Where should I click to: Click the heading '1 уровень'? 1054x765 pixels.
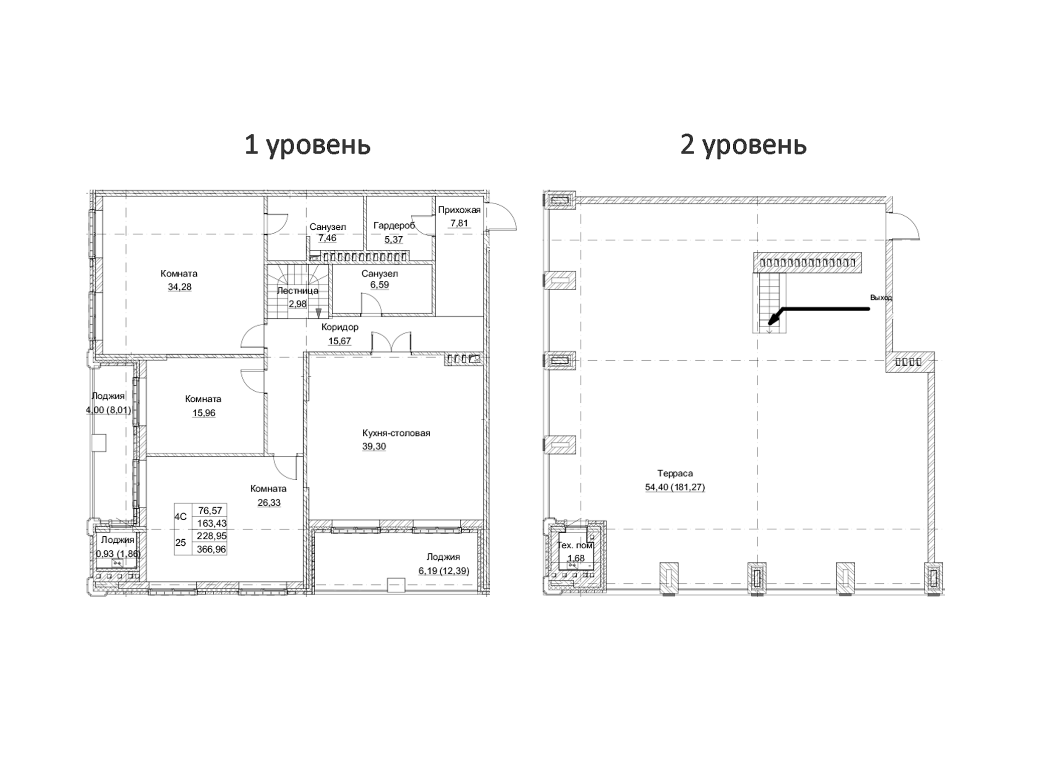(307, 145)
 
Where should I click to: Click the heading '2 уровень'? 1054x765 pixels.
(743, 145)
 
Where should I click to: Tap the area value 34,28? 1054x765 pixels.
(179, 287)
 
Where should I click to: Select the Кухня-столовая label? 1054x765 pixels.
(396, 433)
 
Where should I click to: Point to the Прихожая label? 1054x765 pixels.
(459, 210)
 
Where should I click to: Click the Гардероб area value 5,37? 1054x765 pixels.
(393, 239)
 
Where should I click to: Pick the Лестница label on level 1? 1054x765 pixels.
(297, 290)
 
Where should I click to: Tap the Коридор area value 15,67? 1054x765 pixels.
(339, 341)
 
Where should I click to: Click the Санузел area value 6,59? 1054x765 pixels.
(379, 284)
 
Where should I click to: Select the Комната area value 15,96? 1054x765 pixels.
(203, 413)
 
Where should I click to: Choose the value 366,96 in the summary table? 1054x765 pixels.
(211, 549)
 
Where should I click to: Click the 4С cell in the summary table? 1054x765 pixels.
(180, 517)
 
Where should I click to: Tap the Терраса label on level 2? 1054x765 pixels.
(675, 473)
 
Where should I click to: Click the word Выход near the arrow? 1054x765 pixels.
(881, 297)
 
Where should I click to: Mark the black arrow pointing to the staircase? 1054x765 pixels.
(823, 310)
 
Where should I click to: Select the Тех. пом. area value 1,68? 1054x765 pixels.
(576, 558)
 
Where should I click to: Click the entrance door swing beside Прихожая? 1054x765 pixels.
(501, 216)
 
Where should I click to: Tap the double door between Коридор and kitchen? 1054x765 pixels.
(391, 343)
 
